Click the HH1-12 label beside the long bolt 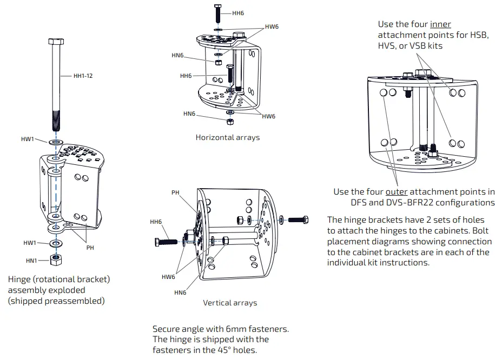[83, 76]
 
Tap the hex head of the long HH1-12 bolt [56, 42]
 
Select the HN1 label [32, 261]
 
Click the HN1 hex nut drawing [55, 259]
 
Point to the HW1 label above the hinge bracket [28, 139]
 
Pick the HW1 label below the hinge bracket [30, 243]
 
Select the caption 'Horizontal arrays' [227, 137]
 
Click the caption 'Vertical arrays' [230, 303]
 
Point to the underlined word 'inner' [440, 24]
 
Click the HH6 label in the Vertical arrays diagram [156, 222]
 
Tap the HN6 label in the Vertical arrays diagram [180, 292]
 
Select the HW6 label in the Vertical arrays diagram [168, 277]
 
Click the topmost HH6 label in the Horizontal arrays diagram [238, 14]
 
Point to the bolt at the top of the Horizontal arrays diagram [217, 11]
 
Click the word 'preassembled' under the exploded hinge [72, 301]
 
